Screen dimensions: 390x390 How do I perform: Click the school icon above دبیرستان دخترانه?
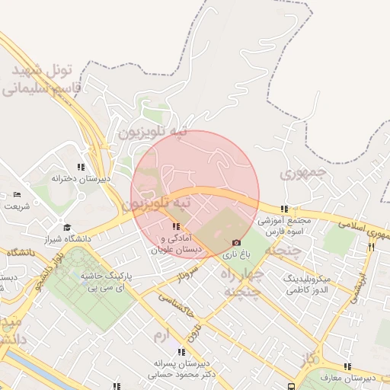tap(81, 167)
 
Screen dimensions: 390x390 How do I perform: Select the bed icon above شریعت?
tap(17, 195)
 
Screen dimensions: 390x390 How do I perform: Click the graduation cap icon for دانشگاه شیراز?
tap(67, 227)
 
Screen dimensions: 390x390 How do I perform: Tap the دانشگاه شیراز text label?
tap(68, 238)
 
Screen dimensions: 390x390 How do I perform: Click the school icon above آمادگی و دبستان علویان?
tap(176, 226)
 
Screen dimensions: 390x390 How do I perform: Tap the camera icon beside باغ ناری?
tap(236, 243)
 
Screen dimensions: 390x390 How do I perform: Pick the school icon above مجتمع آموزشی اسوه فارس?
tap(284, 209)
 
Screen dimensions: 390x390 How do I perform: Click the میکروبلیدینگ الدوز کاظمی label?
tap(304, 283)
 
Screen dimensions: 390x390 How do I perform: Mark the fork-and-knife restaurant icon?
tap(371, 246)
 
